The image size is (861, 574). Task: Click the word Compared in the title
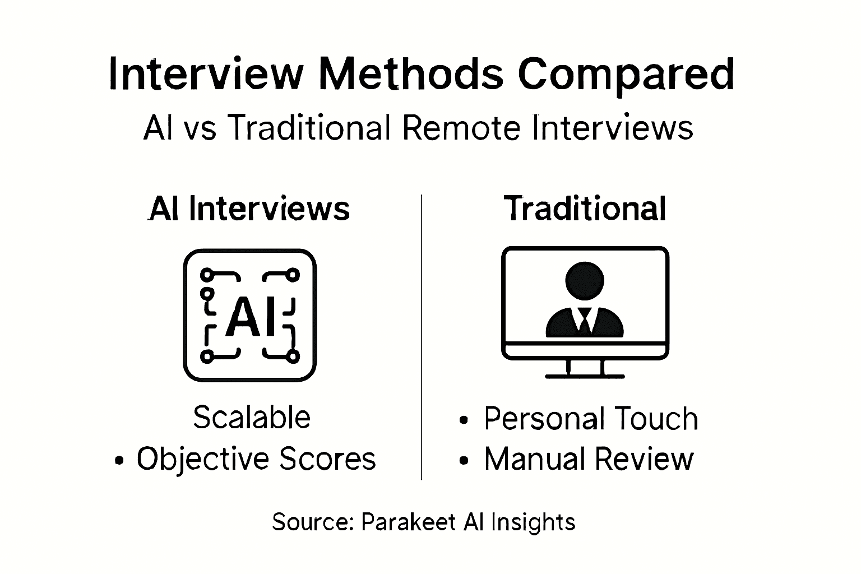[x=625, y=75]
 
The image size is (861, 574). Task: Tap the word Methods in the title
[x=411, y=73]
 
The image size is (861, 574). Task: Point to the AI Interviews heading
[x=249, y=209]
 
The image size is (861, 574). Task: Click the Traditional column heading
[x=585, y=209]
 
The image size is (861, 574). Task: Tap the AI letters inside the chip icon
[x=250, y=317]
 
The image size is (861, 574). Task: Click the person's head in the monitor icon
[x=585, y=281]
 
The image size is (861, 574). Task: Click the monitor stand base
[x=585, y=376]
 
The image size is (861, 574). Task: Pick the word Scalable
[x=252, y=418]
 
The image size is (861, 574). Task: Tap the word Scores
[x=328, y=459]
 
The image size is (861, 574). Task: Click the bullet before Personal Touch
[x=463, y=420]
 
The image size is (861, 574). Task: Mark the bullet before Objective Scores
[x=118, y=461]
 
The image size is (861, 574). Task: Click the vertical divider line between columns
[x=422, y=336]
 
